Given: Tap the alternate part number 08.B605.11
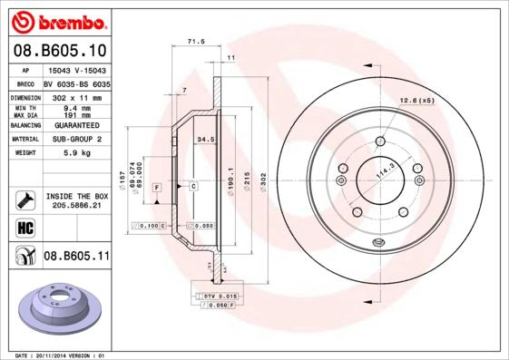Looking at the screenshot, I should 76,257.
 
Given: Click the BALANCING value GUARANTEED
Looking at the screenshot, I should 77,125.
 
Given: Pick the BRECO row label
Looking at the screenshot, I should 27,82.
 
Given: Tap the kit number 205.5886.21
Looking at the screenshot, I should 76,207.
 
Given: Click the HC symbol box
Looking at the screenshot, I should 24,227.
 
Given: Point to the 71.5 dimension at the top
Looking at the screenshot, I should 193,42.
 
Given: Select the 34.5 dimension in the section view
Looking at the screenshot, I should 205,140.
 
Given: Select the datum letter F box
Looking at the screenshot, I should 157,187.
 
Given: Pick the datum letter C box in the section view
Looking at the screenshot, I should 193,186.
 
